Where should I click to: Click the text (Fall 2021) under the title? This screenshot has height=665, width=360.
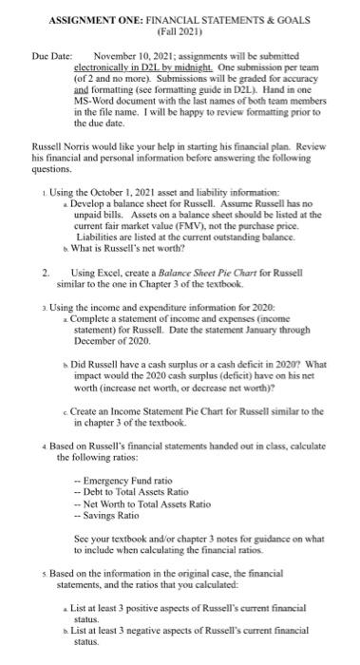coord(180,29)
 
